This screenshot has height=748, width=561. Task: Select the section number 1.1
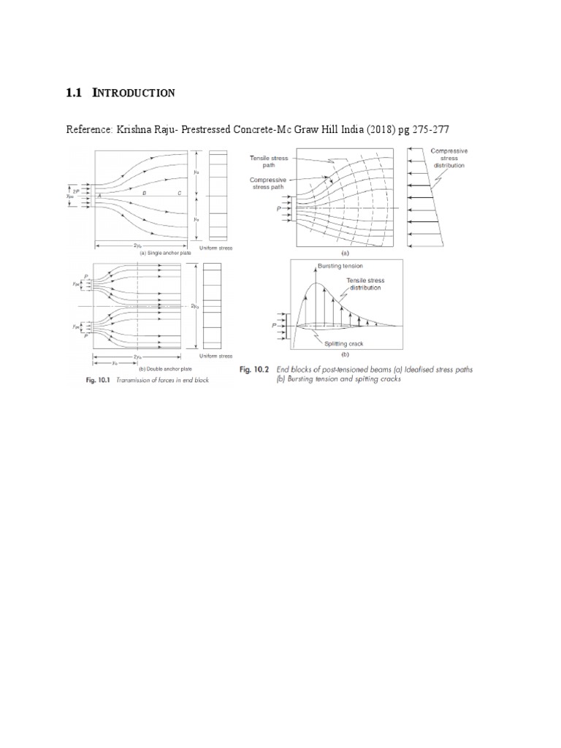[75, 93]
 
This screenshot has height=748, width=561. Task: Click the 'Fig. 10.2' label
[255, 370]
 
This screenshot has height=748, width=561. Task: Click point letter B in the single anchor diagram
[145, 192]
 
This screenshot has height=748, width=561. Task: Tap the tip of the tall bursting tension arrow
[316, 264]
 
